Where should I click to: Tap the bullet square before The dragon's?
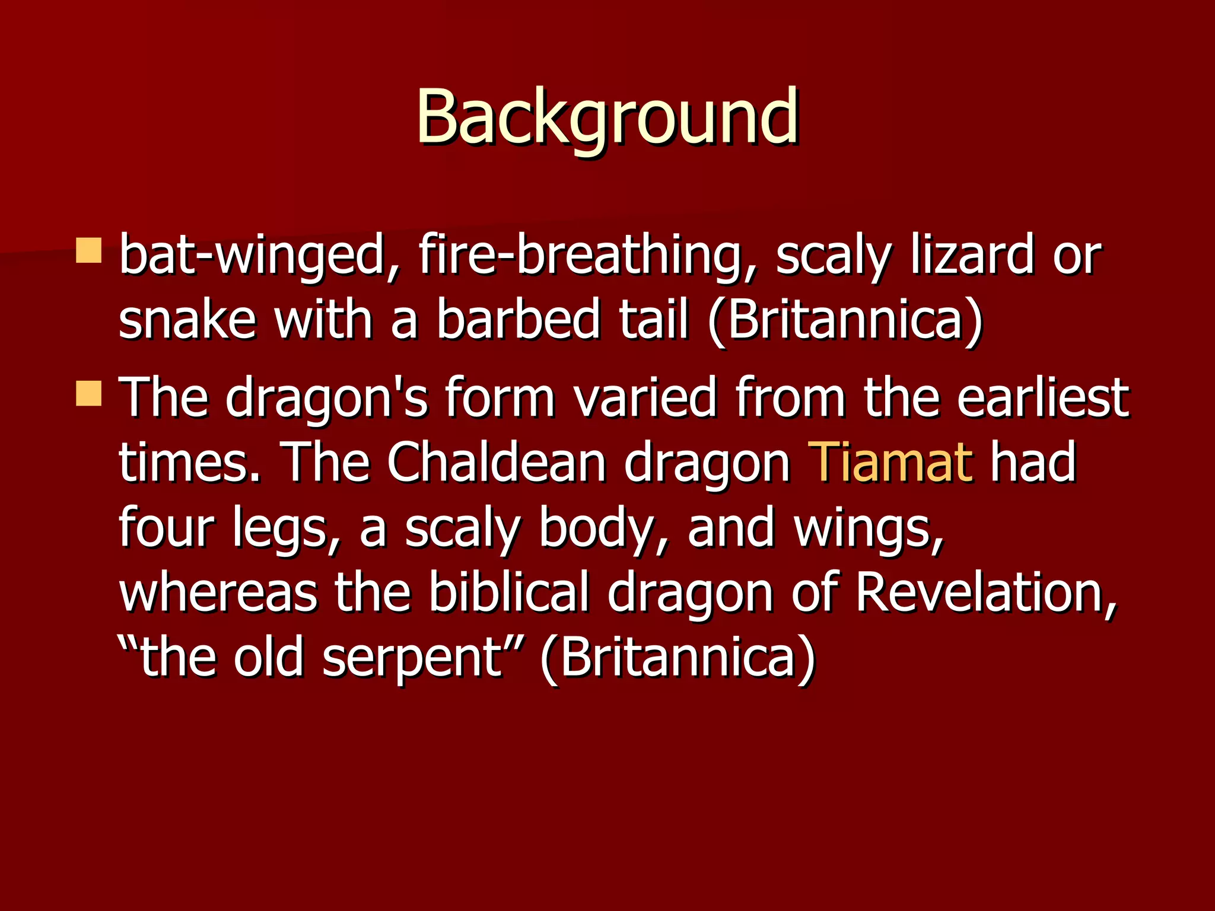coord(89,393)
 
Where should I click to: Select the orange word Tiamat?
coord(890,462)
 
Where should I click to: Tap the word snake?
coord(187,320)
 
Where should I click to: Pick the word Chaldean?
coord(496,462)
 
